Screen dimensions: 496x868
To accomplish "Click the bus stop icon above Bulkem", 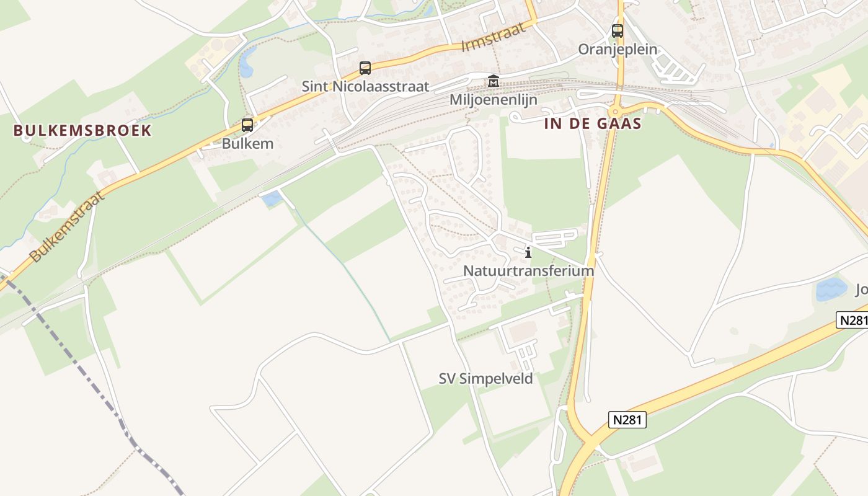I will click(x=247, y=125).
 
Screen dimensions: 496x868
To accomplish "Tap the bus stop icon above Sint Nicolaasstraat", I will click(x=365, y=68).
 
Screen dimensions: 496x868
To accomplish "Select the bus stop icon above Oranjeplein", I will click(x=618, y=30).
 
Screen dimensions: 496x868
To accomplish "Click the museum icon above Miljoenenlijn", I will click(x=494, y=81).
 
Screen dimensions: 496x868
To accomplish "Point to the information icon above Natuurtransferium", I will click(x=528, y=252).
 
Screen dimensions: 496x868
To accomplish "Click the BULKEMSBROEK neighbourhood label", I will click(x=82, y=130).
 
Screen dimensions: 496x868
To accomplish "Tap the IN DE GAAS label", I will click(x=593, y=123).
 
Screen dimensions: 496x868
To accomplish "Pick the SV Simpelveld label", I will click(x=485, y=379).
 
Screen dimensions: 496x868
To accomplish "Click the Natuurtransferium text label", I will click(x=528, y=271).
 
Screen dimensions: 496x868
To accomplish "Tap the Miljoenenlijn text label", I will click(x=494, y=100).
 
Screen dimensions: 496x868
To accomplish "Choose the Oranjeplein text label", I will click(x=618, y=49).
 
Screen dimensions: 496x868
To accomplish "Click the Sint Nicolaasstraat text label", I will click(x=365, y=86).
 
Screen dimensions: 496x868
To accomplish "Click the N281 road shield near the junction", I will click(x=628, y=420).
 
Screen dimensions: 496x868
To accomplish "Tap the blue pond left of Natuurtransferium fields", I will click(x=272, y=199).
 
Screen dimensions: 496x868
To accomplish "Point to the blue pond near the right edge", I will click(x=831, y=289).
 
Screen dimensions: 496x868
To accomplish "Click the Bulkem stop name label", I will click(x=247, y=144).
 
